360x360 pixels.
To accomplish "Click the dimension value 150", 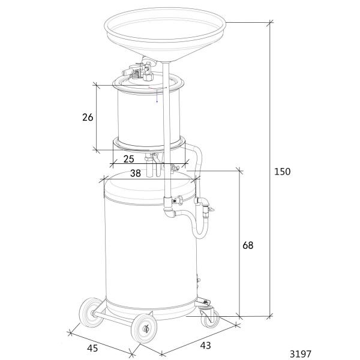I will (282, 172).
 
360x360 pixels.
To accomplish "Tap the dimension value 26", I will (88, 118).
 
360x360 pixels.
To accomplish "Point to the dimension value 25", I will (128, 159).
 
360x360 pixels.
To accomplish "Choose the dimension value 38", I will (136, 173).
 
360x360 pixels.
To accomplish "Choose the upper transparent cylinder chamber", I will (144, 118).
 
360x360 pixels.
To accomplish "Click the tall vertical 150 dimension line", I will (271, 120).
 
